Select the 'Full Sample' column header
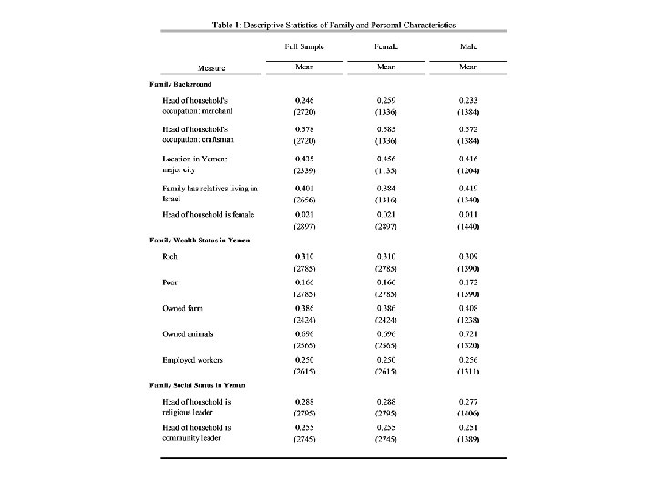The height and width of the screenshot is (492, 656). [x=303, y=45]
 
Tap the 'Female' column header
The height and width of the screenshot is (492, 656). [x=387, y=45]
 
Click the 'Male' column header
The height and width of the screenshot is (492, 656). [x=468, y=45]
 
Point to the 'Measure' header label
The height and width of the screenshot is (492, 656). [x=211, y=67]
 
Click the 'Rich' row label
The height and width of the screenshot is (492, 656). [x=170, y=257]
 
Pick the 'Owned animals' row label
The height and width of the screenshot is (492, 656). [x=187, y=334]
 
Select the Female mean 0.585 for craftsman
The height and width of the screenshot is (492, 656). [x=387, y=128]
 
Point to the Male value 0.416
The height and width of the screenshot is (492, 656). [x=469, y=159]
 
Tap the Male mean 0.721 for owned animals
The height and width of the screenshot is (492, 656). [x=469, y=334]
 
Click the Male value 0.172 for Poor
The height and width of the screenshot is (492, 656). [x=469, y=284]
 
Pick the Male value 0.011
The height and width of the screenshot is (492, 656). [x=469, y=215]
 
